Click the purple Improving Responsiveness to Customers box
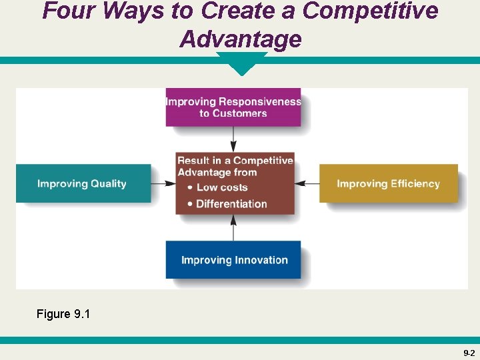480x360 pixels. pyautogui.click(x=233, y=107)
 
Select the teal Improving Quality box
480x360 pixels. pyautogui.click(x=83, y=183)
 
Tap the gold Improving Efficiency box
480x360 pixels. pyautogui.click(x=389, y=183)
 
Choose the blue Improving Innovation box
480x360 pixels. pyautogui.click(x=233, y=259)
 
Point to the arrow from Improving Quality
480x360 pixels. pyautogui.click(x=163, y=183)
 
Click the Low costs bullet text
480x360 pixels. pyautogui.click(x=221, y=188)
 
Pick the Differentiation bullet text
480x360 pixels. pyautogui.click(x=231, y=204)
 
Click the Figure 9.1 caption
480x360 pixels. pyautogui.click(x=63, y=313)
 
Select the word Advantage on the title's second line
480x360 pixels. pyautogui.click(x=240, y=39)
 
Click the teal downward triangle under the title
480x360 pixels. pyautogui.click(x=241, y=65)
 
